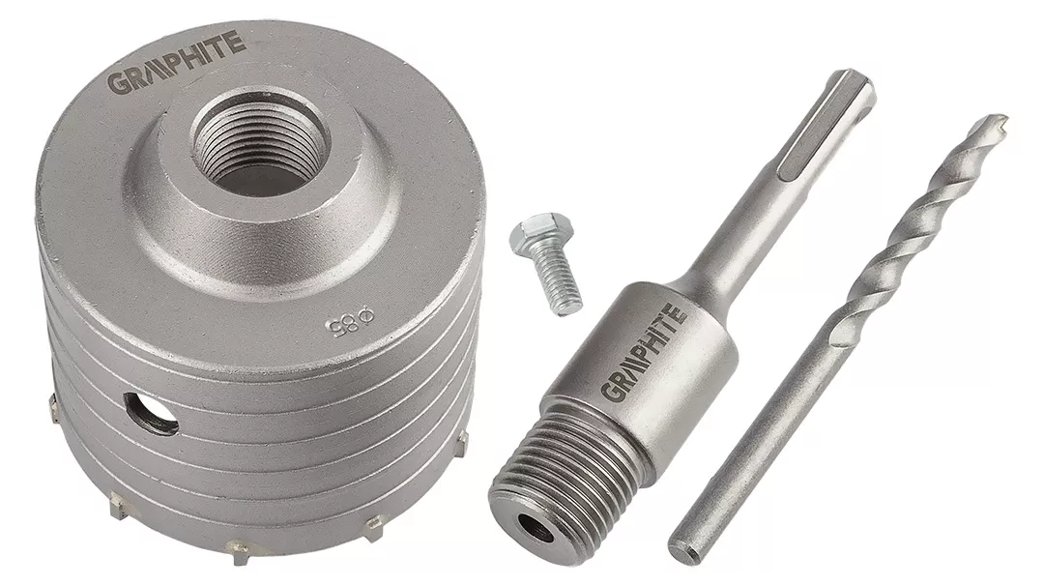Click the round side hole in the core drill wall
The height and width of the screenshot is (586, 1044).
[151, 413]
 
